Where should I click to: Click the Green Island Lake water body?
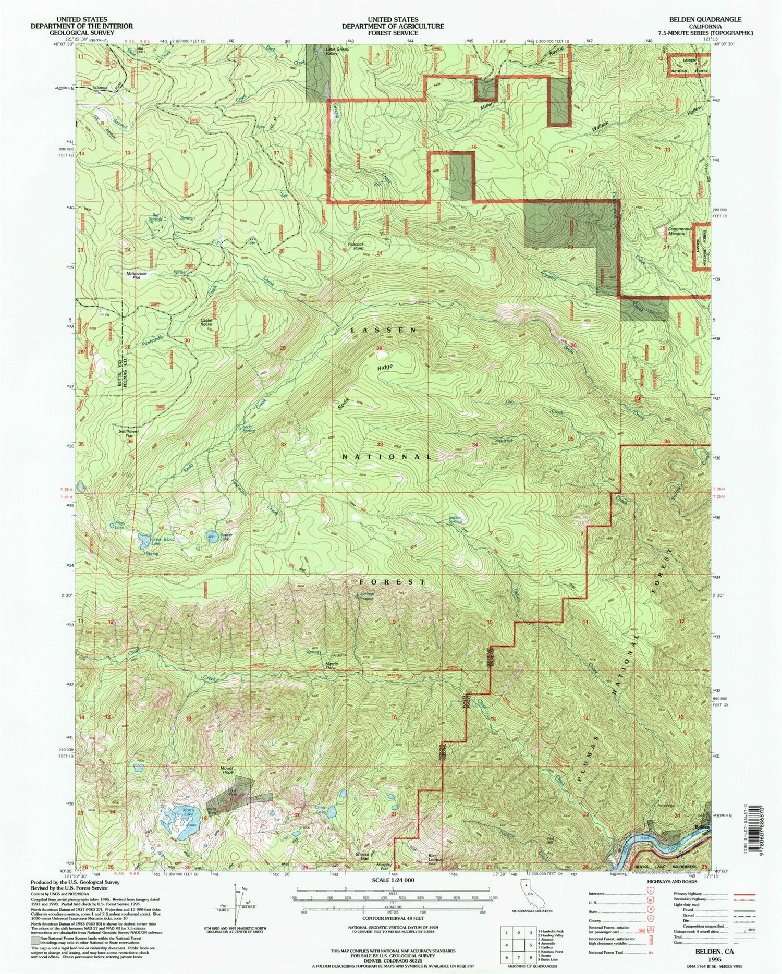143,539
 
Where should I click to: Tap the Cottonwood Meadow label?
680,231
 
